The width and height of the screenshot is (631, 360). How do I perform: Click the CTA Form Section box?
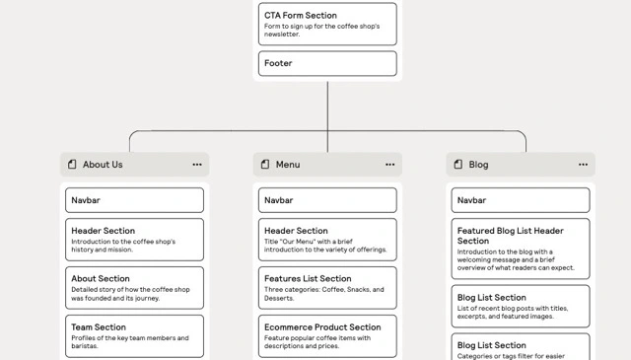click(327, 24)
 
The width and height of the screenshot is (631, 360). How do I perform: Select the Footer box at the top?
click(327, 64)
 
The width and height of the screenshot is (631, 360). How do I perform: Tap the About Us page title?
click(103, 165)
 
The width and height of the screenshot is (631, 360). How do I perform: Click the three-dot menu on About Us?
click(197, 165)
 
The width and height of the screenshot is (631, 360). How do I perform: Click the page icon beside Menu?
click(264, 165)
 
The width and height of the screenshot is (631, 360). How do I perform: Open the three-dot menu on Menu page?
click(390, 165)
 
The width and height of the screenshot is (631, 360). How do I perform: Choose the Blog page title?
click(478, 165)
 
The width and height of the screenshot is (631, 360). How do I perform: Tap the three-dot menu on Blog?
click(584, 165)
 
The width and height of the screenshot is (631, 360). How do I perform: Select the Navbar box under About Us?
click(135, 200)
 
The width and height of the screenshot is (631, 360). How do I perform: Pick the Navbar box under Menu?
click(327, 200)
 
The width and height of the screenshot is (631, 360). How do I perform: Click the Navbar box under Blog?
click(521, 200)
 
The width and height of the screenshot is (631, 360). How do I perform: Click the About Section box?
click(135, 288)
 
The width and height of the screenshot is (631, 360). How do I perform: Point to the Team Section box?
click(135, 335)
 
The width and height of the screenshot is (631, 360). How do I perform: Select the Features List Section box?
click(327, 288)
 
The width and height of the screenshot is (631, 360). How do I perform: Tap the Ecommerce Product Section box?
click(327, 335)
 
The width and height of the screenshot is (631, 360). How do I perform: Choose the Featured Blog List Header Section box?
click(521, 250)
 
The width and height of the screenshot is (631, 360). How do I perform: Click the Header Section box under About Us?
click(135, 240)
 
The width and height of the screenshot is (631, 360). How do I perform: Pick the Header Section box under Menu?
click(327, 240)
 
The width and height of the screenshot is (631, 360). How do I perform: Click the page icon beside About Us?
click(72, 165)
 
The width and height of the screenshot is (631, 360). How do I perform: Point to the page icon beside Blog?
click(457, 165)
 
